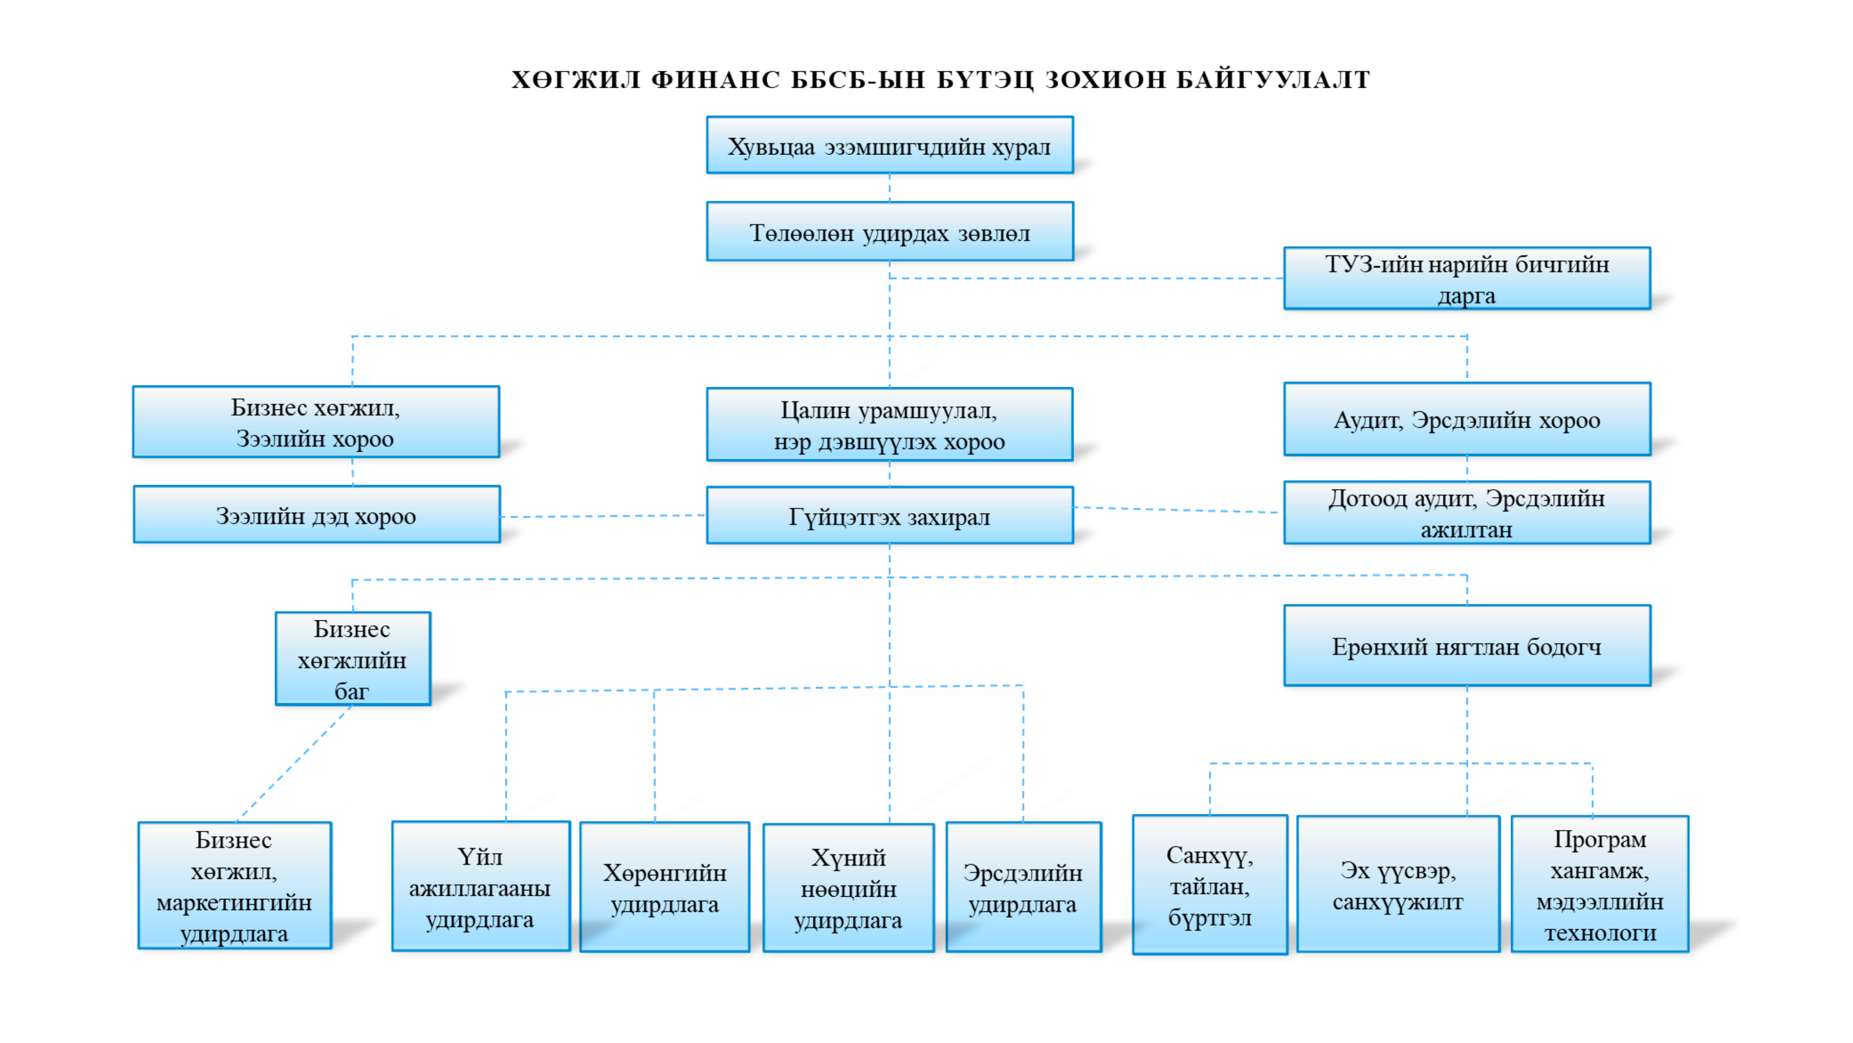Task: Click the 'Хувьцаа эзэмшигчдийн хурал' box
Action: click(x=890, y=145)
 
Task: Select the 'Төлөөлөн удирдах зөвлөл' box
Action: click(x=890, y=231)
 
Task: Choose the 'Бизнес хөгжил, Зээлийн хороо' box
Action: click(x=316, y=422)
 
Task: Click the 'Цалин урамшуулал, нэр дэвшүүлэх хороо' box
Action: click(x=890, y=424)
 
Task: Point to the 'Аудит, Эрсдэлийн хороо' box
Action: click(x=1467, y=419)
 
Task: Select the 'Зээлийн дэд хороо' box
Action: click(x=317, y=514)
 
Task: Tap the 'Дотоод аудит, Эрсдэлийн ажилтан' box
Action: click(x=1467, y=513)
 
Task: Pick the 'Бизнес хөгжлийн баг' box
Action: click(x=352, y=659)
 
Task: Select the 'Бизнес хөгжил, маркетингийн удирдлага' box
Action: click(x=234, y=885)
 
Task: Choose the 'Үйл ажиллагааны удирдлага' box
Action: click(x=481, y=886)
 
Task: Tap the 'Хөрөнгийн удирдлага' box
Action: click(x=664, y=887)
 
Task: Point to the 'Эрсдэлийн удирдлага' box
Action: click(x=1024, y=887)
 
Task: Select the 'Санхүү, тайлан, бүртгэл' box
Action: click(x=1210, y=885)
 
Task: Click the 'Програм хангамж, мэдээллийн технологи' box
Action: click(x=1600, y=884)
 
